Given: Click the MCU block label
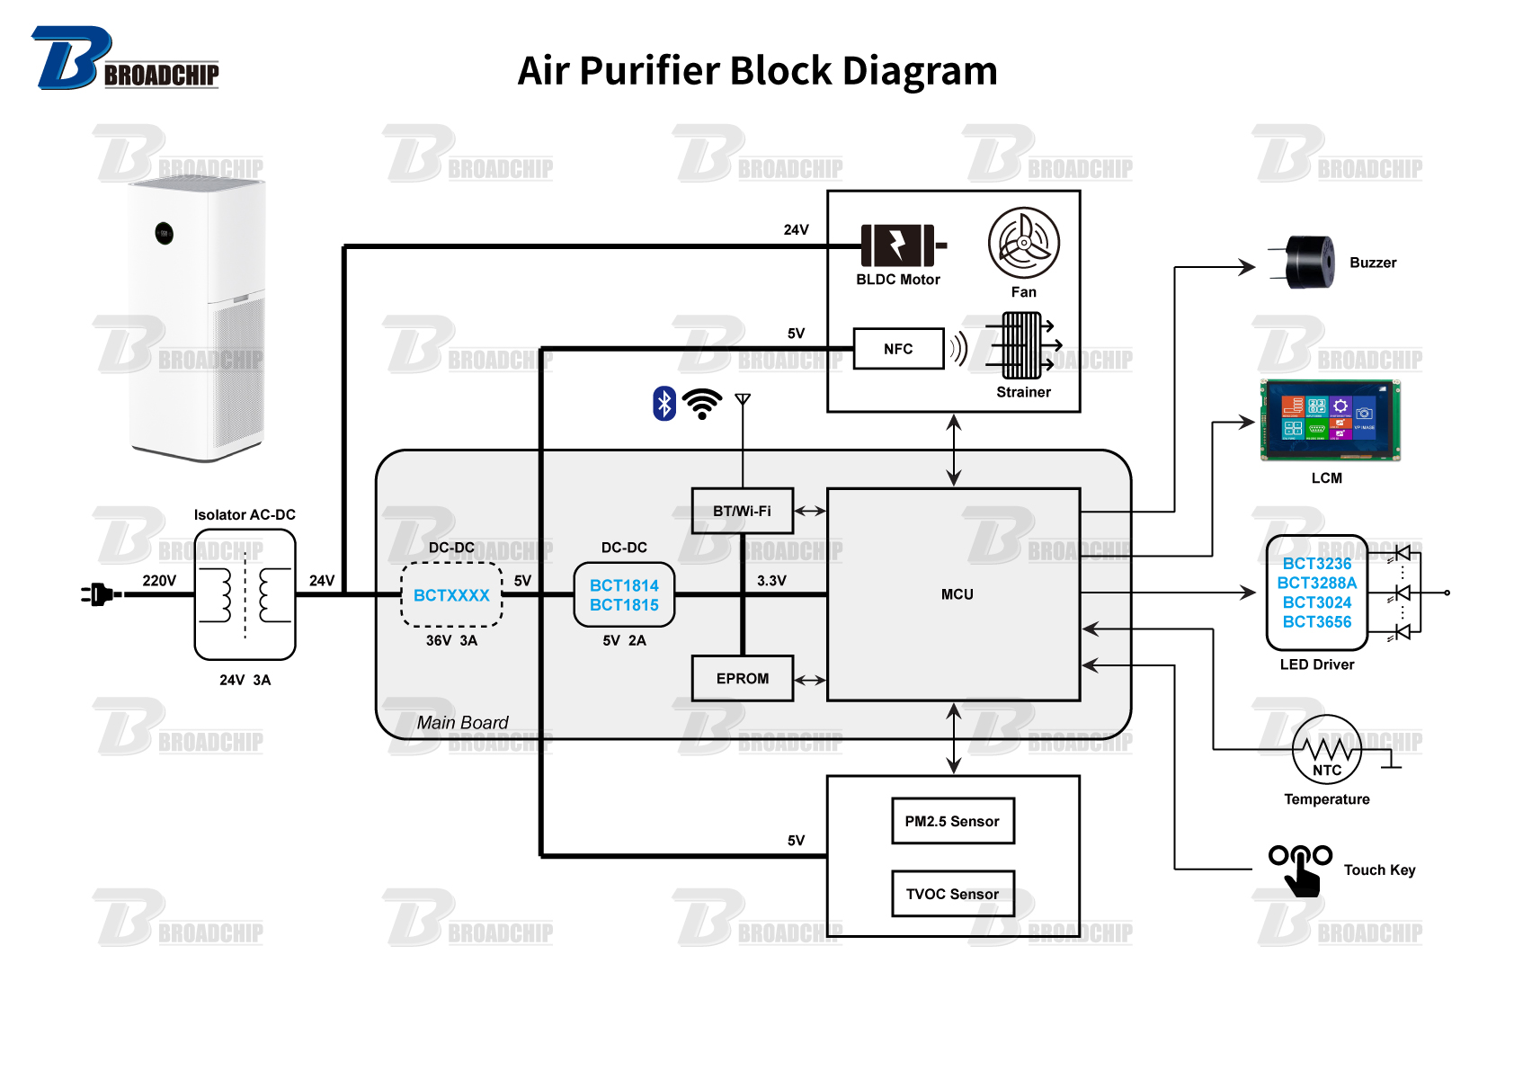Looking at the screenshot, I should [x=957, y=594].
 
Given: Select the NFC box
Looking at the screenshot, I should [x=898, y=349].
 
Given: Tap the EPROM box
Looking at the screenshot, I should [x=742, y=679].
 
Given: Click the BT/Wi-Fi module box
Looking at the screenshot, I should [x=742, y=511].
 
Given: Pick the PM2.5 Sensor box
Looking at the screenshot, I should [x=952, y=821].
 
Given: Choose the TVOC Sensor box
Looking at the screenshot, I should [x=952, y=894].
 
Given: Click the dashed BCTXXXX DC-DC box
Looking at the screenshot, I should [x=451, y=595].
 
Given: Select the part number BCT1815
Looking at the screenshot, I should [x=624, y=605].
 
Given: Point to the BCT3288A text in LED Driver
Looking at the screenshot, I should [x=1316, y=583].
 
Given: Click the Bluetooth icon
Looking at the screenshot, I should [x=663, y=404].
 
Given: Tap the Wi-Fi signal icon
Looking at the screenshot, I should [x=702, y=404].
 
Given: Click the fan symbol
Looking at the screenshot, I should [x=1023, y=243].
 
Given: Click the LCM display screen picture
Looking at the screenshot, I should [x=1329, y=420].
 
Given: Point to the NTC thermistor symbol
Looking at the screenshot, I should [x=1326, y=749].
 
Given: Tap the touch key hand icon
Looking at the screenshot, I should [x=1300, y=869].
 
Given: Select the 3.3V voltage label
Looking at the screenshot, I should [x=771, y=581].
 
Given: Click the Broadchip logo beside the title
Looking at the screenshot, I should [x=125, y=59].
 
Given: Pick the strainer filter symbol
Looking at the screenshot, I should [x=1022, y=345].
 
